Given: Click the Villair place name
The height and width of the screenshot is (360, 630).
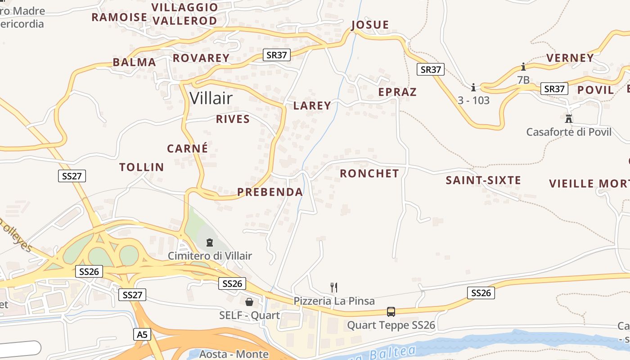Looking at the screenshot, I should tap(211, 98).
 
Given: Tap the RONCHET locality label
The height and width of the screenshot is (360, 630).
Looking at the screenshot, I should tap(369, 174).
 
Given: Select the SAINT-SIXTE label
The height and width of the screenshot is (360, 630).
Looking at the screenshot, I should tap(483, 180).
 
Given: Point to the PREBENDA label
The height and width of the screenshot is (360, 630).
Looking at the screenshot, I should tap(270, 192).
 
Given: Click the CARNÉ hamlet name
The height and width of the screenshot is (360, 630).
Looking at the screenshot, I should tap(188, 148).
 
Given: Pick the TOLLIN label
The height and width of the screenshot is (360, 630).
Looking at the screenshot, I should tap(142, 167).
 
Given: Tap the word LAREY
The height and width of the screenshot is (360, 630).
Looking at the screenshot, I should tap(312, 106).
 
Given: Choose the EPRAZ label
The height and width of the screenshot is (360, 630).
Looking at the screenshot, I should tap(397, 92).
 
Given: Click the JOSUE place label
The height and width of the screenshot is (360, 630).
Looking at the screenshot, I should tap(370, 25).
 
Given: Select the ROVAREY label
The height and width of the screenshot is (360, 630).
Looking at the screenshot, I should tap(201, 58).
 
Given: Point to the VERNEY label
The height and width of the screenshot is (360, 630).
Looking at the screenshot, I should tap(570, 58).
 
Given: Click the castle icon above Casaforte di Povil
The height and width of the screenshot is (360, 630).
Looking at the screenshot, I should tap(569, 119).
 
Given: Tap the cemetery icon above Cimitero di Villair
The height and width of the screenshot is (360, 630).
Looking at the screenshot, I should tap(209, 243).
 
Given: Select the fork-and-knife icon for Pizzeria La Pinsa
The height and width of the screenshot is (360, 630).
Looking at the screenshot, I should tap(334, 287).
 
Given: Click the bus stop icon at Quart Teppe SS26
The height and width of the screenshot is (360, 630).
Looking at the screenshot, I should tap(391, 311).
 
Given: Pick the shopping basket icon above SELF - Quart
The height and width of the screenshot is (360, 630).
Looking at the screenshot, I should tap(249, 302).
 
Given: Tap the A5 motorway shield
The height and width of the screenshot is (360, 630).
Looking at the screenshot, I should tap(142, 334).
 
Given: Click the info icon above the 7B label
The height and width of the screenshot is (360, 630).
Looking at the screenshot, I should tap(523, 67).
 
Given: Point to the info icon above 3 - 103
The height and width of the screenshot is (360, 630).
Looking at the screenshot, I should tap(473, 87).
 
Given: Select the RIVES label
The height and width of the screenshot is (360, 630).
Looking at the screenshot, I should tap(233, 119).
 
